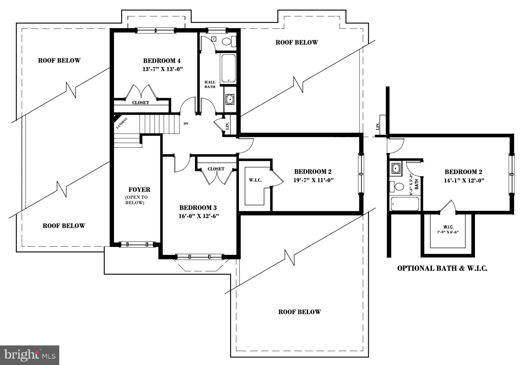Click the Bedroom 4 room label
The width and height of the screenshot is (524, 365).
[162, 61]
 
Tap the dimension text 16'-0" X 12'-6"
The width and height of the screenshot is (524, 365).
[198, 216]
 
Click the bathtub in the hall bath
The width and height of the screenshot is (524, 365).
[229, 69]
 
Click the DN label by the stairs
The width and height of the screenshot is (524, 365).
[186, 123]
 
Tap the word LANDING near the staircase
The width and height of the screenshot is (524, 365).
[122, 123]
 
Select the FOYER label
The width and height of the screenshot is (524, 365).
[139, 190]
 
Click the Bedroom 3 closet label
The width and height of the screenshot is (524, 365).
[216, 169]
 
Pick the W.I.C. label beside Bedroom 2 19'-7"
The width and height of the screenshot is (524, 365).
[255, 180]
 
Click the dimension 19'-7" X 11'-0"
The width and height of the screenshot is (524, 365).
[313, 180]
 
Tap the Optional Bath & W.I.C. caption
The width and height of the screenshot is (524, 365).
[442, 268]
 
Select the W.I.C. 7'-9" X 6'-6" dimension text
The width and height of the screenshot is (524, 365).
[448, 232]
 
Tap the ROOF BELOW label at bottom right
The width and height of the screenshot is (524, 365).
[299, 312]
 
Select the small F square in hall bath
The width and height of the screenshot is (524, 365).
[214, 39]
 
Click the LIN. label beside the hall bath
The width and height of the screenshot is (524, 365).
[227, 126]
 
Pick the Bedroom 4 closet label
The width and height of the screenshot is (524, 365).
[140, 103]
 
